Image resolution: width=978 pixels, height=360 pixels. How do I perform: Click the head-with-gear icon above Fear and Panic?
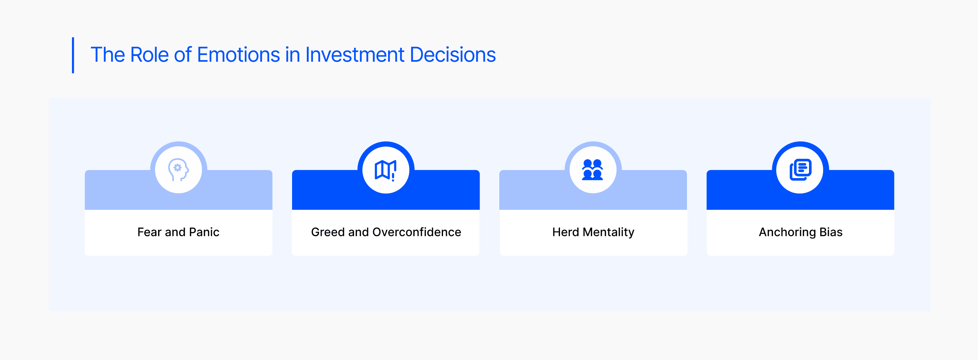(178, 170)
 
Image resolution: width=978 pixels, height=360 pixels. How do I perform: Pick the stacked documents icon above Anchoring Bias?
(800, 169)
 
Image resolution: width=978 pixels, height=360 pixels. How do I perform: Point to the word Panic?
(204, 232)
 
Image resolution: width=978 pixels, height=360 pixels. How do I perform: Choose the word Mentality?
(609, 232)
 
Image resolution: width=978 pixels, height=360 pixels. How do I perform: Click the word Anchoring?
(787, 232)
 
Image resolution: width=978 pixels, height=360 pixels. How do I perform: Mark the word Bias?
(831, 232)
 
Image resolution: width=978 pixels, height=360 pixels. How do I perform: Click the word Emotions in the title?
(238, 55)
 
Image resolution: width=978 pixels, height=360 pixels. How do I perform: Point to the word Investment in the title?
(355, 55)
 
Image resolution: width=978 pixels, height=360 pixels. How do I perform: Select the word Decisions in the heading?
(453, 55)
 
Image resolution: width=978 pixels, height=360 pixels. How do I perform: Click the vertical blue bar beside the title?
(73, 55)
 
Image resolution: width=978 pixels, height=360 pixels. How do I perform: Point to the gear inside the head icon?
(177, 167)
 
